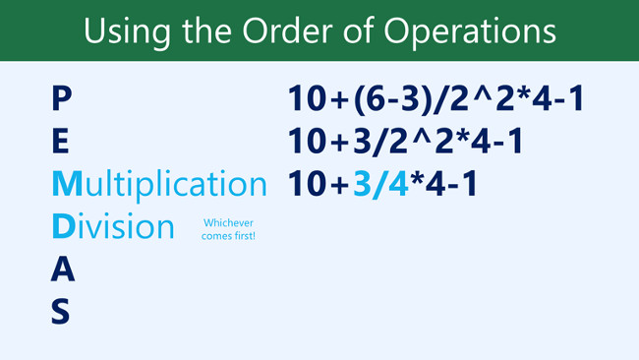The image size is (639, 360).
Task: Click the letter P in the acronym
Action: tap(61, 98)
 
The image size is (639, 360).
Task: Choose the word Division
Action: tap(112, 226)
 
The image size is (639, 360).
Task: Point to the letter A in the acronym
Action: tap(62, 269)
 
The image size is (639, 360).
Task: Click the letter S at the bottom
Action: tap(61, 311)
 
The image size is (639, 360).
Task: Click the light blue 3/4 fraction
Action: tap(386, 184)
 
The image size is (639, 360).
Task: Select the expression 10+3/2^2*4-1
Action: tap(405, 142)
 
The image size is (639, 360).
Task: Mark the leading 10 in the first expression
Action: tap(309, 99)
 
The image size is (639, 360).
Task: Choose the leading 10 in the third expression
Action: tap(309, 184)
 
